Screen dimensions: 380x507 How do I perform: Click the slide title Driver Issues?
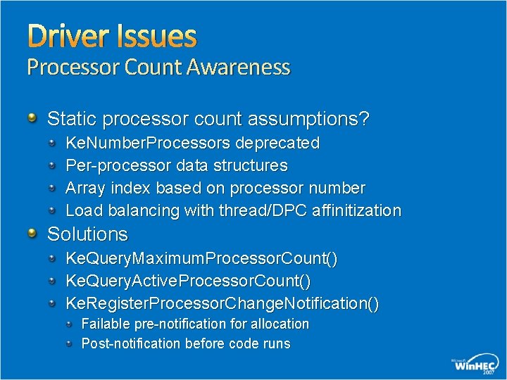coord(111,35)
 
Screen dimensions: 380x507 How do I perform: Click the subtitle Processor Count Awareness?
coord(158,68)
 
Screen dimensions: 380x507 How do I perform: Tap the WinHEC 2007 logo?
coord(474,365)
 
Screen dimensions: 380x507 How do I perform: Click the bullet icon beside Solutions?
coord(32,233)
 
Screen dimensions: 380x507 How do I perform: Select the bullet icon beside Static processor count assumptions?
coord(32,118)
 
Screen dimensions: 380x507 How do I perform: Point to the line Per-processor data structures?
coord(176,166)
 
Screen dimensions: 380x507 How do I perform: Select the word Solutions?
coord(87,234)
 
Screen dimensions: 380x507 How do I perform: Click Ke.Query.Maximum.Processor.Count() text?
coord(201,259)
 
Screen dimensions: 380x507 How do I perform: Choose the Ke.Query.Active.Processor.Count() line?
coord(188,281)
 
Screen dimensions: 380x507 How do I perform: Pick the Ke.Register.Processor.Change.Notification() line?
coord(222,304)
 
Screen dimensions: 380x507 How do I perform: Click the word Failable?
coord(106,324)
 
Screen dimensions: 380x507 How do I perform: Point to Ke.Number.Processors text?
coord(148,144)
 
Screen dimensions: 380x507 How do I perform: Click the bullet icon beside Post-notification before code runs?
coord(70,343)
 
